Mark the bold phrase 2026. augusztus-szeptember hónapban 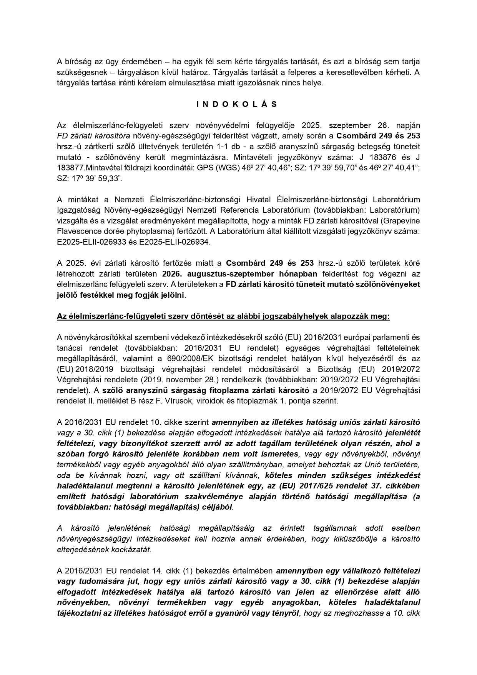click(240, 274)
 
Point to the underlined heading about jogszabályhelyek click(223, 316)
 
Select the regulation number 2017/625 click(344, 485)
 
